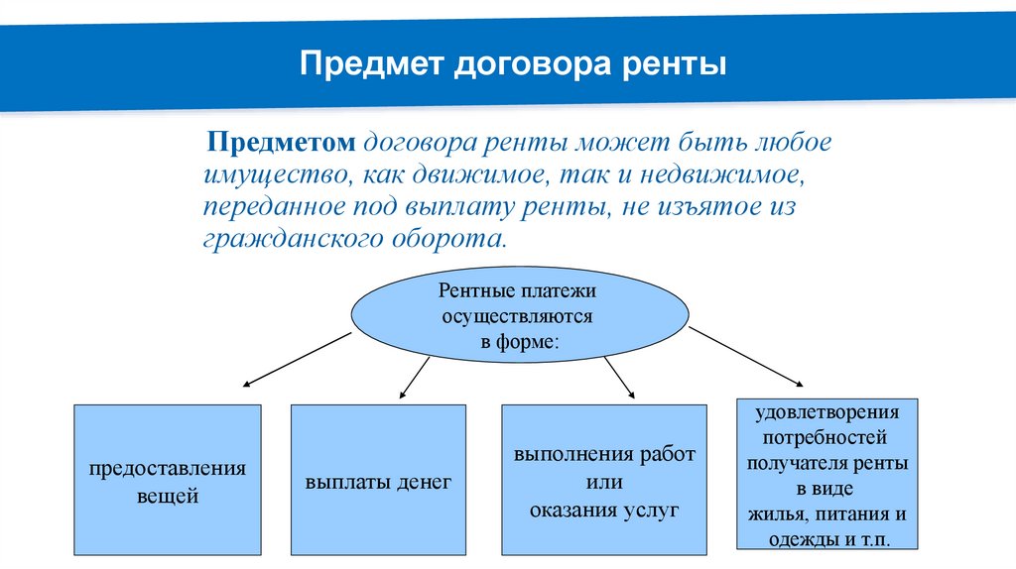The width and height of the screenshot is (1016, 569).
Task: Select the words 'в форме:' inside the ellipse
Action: (519, 341)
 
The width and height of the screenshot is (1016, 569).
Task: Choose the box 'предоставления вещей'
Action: (167, 480)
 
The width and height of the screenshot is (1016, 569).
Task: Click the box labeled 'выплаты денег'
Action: (378, 480)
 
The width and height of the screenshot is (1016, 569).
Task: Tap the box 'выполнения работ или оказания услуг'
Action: (604, 480)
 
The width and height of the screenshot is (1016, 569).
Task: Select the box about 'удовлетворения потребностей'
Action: (827, 474)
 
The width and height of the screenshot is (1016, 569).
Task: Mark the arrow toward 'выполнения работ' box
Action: (619, 378)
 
